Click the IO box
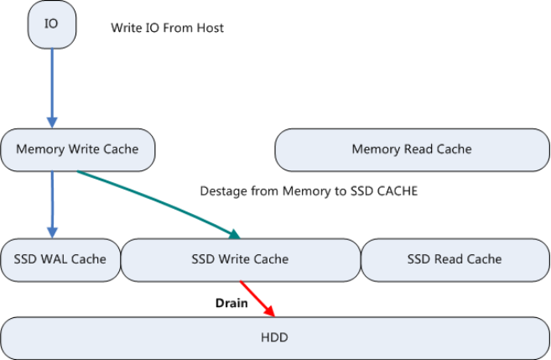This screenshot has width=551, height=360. coord(52,23)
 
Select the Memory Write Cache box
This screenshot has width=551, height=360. coord(77,149)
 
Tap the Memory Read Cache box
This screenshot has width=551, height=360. coord(411,149)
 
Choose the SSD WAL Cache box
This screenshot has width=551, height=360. coord(60,258)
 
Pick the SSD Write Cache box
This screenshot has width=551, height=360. coord(240,258)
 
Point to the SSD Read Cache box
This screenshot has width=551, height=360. coord(454,258)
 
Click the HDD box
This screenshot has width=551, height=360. coord(274,337)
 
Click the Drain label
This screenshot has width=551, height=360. coord(231,303)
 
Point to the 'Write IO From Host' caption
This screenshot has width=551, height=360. coord(167,29)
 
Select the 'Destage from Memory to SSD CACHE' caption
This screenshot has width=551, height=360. coord(309,191)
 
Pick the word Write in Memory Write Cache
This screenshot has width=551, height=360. coord(83,149)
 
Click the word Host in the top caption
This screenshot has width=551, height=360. coord(211,29)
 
